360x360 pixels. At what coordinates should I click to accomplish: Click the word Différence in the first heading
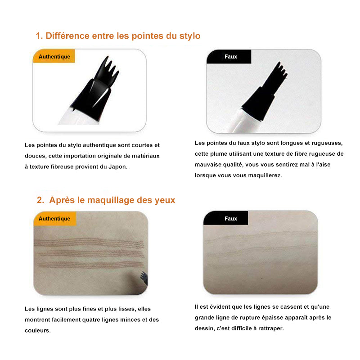(67, 36)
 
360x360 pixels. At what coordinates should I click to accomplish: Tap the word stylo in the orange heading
(190, 36)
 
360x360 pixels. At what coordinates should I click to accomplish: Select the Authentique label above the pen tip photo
(54, 57)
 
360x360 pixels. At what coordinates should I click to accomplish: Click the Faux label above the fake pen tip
(231, 57)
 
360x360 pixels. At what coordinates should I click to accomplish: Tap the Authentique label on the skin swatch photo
(54, 219)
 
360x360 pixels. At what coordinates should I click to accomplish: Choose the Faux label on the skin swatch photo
(231, 219)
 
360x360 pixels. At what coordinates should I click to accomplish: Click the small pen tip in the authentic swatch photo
(144, 277)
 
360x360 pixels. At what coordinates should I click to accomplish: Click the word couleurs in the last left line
(38, 330)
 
